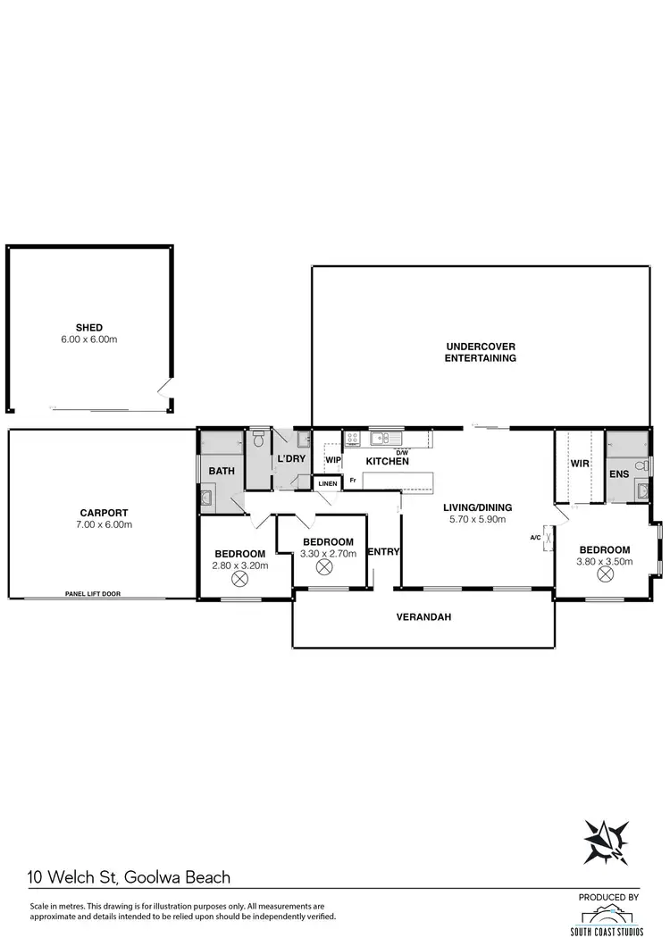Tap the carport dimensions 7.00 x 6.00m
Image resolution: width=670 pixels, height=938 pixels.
click(x=102, y=524)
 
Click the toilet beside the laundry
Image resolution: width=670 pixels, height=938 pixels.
click(x=258, y=440)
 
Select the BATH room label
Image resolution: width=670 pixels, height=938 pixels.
click(x=221, y=471)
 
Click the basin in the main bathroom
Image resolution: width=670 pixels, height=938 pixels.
click(x=206, y=498)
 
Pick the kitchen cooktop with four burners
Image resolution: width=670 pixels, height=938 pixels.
click(x=352, y=439)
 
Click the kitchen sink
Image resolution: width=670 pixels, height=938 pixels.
click(x=381, y=439)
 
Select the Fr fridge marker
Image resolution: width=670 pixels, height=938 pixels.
click(x=353, y=482)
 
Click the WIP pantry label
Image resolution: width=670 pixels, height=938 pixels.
click(x=332, y=461)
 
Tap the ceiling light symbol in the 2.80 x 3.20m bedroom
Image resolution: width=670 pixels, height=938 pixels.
click(x=239, y=578)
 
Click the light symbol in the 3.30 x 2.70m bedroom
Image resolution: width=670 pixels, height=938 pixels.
click(x=323, y=566)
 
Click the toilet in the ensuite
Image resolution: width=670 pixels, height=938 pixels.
click(x=640, y=466)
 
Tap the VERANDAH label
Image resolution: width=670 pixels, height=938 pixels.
click(x=423, y=616)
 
